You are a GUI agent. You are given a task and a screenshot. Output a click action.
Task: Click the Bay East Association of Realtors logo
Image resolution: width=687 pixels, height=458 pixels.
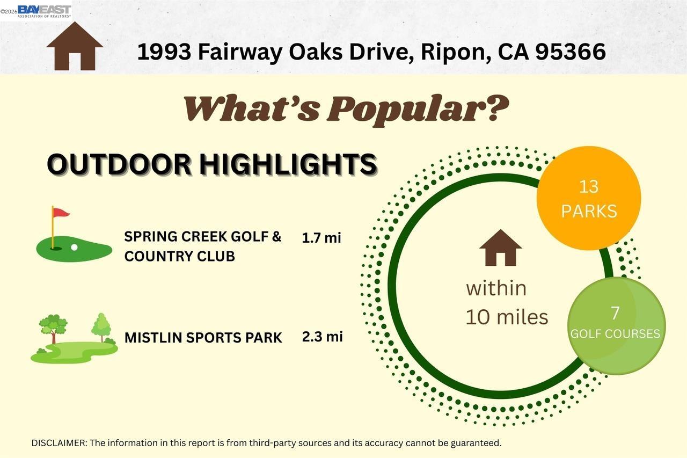[43, 11]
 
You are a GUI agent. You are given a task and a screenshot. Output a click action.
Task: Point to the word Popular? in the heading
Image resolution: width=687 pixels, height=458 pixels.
[418, 109]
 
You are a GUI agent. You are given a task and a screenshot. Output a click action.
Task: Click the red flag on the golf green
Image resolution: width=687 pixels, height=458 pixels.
[61, 213]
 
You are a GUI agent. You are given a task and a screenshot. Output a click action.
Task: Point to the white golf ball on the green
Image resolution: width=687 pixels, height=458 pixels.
[74, 248]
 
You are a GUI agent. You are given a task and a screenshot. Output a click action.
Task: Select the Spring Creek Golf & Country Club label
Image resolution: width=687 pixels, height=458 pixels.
[203, 246]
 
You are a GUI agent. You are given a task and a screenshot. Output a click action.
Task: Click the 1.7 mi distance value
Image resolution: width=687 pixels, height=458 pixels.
[321, 238]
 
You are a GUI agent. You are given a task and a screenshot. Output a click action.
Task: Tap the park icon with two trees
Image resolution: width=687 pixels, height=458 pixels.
[74, 338]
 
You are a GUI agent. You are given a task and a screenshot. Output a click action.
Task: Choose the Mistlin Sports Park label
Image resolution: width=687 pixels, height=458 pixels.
[203, 338]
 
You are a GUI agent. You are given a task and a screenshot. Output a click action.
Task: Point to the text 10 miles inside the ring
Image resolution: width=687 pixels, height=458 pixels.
[506, 317]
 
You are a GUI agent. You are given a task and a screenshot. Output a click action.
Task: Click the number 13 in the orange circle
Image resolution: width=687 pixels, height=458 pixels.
[589, 187]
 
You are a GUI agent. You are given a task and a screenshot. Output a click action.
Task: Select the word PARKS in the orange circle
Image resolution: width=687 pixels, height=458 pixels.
[589, 211]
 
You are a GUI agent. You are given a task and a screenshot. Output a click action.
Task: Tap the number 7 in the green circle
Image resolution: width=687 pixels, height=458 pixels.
[615, 312]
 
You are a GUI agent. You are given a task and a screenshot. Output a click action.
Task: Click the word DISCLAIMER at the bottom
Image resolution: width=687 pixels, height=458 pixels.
[59, 443]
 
